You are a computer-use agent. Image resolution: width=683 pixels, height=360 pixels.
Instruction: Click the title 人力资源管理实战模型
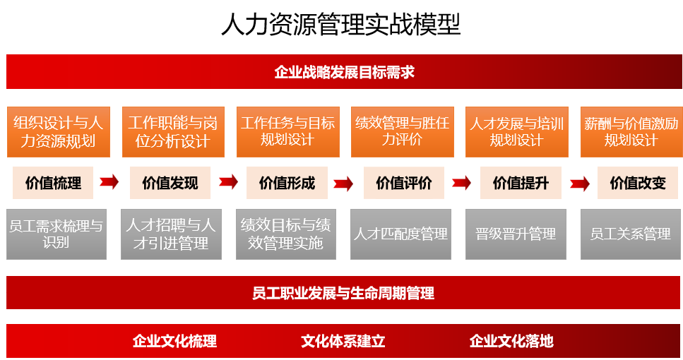[x=341, y=25]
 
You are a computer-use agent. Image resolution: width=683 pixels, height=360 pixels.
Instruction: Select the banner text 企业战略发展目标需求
[x=344, y=72]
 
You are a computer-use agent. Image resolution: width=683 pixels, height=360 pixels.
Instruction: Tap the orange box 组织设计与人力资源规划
[x=59, y=132]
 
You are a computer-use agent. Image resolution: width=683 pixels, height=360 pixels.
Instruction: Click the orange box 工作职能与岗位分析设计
[x=173, y=132]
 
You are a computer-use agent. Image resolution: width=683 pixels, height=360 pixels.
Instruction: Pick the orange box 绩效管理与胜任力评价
[x=403, y=132]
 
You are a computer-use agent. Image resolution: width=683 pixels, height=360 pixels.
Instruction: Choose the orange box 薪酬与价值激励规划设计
[x=631, y=132]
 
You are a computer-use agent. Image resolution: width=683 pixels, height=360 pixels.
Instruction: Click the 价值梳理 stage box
[x=53, y=183]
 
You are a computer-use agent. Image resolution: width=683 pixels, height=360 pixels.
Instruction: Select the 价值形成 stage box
[x=287, y=183]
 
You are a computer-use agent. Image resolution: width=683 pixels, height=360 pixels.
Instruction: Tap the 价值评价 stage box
[x=404, y=183]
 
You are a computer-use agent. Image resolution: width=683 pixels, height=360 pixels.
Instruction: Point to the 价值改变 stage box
[x=638, y=183]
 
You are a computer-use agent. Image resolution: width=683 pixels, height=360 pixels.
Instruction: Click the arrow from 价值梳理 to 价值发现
[x=109, y=182]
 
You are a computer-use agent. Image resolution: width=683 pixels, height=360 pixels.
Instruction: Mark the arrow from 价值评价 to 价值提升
[x=462, y=183]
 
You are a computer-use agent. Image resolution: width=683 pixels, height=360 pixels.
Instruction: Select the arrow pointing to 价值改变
[x=580, y=184]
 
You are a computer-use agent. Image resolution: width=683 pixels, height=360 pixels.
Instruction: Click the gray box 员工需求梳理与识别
[x=57, y=234]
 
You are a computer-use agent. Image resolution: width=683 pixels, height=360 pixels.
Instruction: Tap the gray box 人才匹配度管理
[x=400, y=234]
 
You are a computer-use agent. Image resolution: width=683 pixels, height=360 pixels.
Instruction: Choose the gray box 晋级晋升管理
[x=516, y=234]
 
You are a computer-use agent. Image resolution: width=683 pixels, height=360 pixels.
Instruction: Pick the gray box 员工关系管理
[x=631, y=234]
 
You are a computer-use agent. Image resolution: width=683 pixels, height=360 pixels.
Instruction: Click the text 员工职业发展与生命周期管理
[x=343, y=293]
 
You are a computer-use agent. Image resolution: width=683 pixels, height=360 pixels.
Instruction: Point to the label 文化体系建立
[x=343, y=341]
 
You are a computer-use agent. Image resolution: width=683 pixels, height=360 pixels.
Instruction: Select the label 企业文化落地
[x=511, y=341]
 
